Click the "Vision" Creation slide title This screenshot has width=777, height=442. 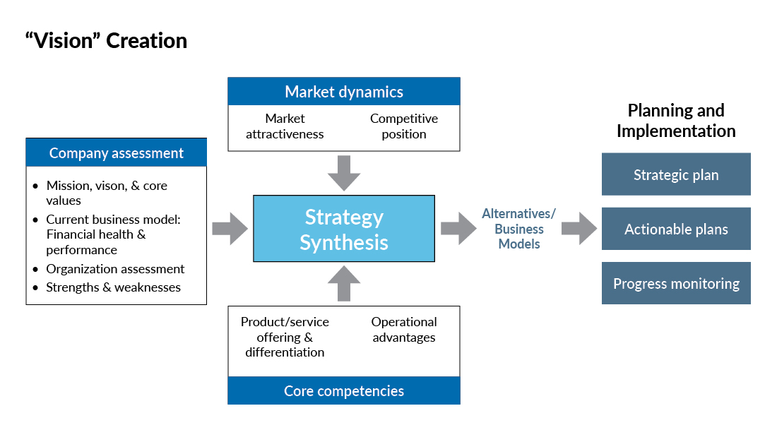coord(106,41)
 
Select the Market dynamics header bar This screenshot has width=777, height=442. coord(344,92)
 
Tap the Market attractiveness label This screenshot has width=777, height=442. coord(285,126)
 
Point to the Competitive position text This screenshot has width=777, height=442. coord(403,126)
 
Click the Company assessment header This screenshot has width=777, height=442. coord(117,153)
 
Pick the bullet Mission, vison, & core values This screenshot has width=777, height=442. coord(106,193)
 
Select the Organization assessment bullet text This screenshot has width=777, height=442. coord(115,269)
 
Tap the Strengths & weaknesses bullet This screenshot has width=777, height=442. coord(113,287)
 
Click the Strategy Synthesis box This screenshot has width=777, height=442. coord(344,229)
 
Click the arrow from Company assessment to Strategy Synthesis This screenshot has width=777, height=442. coord(230,229)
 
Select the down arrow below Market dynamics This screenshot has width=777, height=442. coord(344,172)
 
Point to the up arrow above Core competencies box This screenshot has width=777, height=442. coord(344,284)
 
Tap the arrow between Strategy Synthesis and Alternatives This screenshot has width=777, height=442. coord(458,229)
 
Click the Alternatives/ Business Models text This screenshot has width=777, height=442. coord(519,229)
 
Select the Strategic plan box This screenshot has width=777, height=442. coord(676,174)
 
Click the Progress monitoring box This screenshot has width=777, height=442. coord(676,284)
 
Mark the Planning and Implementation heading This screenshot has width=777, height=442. coord(676,121)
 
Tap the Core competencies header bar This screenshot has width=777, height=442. coord(344,390)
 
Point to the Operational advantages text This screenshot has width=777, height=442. coord(404,330)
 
